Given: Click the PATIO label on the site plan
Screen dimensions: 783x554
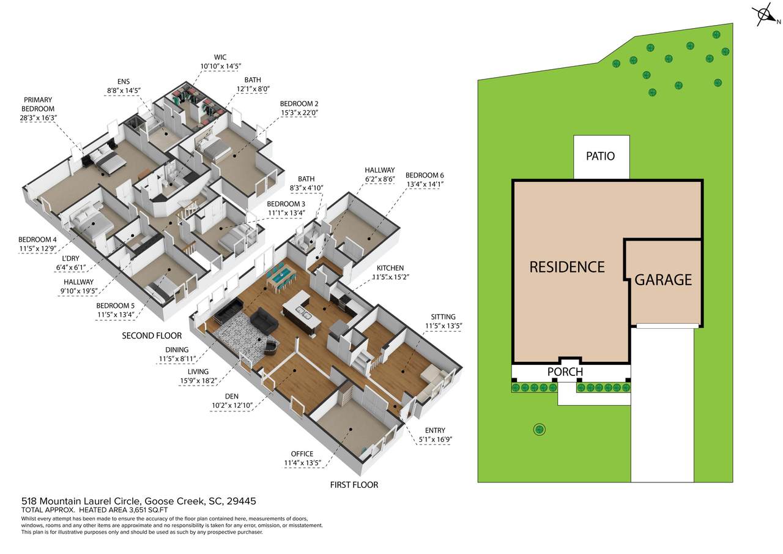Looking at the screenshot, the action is click(600, 156).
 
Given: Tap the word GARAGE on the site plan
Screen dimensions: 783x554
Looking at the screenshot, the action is click(663, 280).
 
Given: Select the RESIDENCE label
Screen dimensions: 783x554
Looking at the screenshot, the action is click(567, 268).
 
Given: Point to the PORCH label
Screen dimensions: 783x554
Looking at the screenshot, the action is click(565, 372).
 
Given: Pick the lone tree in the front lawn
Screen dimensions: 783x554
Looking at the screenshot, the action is click(540, 429).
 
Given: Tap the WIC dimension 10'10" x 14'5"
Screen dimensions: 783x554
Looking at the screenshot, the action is click(221, 66).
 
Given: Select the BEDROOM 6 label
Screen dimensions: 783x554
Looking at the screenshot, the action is click(425, 175).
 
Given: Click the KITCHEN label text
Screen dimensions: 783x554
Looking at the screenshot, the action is click(390, 268).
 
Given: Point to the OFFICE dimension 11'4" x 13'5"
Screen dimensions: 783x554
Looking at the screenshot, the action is click(302, 463).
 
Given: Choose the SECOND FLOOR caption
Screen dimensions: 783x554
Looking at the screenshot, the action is click(152, 335).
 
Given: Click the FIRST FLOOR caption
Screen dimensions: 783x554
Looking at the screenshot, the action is click(354, 485).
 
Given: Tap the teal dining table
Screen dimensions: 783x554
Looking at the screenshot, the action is click(281, 276).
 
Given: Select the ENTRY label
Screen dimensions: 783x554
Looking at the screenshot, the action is click(435, 430).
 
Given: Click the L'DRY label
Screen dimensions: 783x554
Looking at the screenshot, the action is click(70, 259).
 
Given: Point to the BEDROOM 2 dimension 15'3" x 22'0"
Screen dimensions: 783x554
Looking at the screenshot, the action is click(299, 113).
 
